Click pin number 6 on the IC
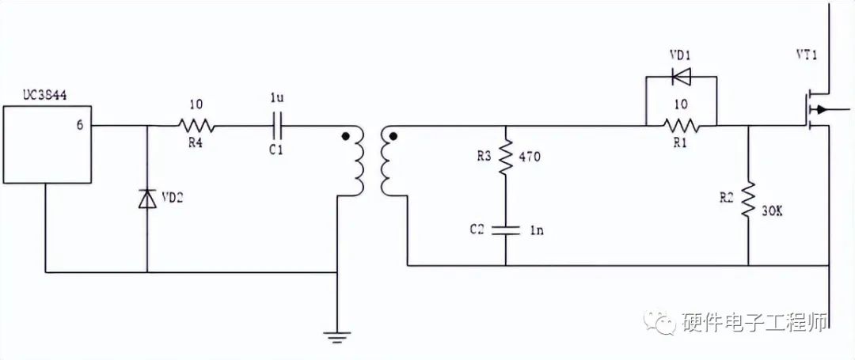[79, 125]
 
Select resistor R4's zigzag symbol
[195, 125]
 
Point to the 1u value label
[276, 99]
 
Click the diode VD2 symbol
[147, 199]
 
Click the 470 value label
[529, 157]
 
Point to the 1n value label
[536, 230]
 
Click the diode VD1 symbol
[680, 77]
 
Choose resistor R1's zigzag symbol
[681, 125]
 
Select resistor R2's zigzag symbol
[748, 201]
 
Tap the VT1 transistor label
[807, 56]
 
